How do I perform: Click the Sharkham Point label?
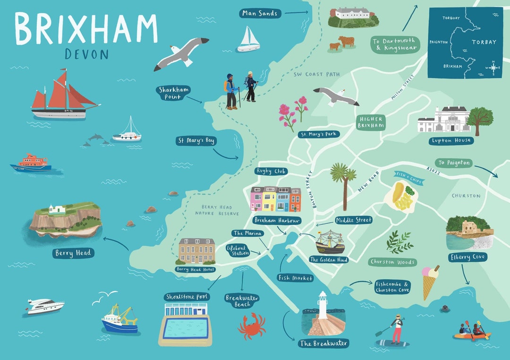[x=170, y=93]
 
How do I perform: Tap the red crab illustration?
[x=252, y=326]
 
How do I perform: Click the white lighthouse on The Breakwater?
[x=323, y=305]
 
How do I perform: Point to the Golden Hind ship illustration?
[x=330, y=242]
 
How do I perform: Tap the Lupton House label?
[x=451, y=141]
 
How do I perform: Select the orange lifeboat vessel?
[x=31, y=163]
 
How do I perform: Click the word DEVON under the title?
[x=86, y=54]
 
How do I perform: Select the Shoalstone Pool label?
[x=187, y=297]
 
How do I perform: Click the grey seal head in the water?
[x=445, y=309]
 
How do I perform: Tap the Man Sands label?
[x=260, y=13]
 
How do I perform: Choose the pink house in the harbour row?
[x=257, y=199]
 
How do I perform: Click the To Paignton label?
[x=454, y=163]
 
